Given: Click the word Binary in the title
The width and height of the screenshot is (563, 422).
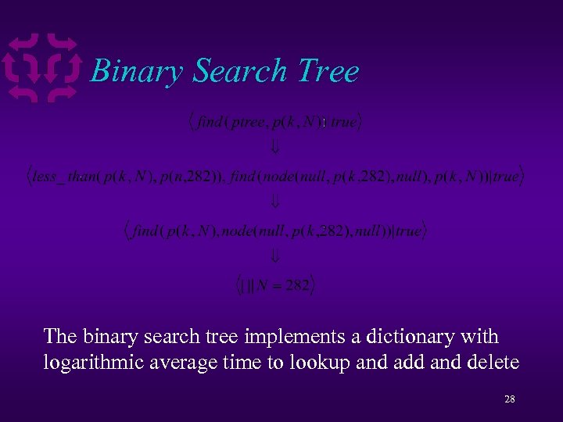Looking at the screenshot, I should pos(138,72).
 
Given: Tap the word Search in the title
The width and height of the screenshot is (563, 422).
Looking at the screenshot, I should pos(241,71).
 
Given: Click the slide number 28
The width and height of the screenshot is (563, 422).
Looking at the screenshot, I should pos(509,399).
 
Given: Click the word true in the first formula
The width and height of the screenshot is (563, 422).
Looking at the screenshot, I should pos(345,122).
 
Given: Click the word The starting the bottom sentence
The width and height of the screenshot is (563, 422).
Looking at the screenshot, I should pos(59,337).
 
